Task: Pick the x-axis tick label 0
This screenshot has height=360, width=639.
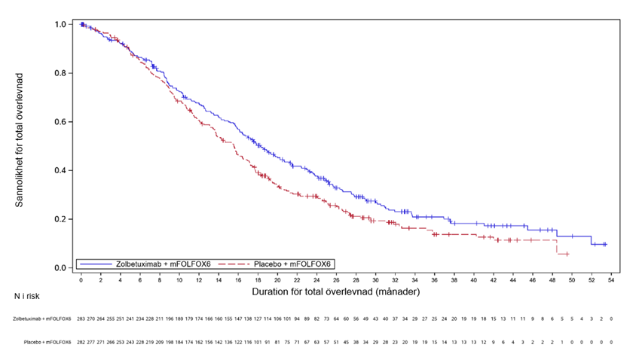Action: [81, 279]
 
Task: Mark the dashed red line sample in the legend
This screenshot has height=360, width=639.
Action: [242, 263]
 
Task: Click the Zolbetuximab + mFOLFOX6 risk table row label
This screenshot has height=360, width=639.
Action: [42, 319]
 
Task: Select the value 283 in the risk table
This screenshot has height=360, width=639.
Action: [81, 319]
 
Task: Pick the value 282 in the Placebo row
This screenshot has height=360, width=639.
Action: [81, 342]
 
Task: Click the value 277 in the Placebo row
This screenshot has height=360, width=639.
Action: [91, 342]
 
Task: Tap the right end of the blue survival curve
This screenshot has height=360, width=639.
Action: [606, 245]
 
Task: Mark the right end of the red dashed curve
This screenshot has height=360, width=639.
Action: [567, 255]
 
